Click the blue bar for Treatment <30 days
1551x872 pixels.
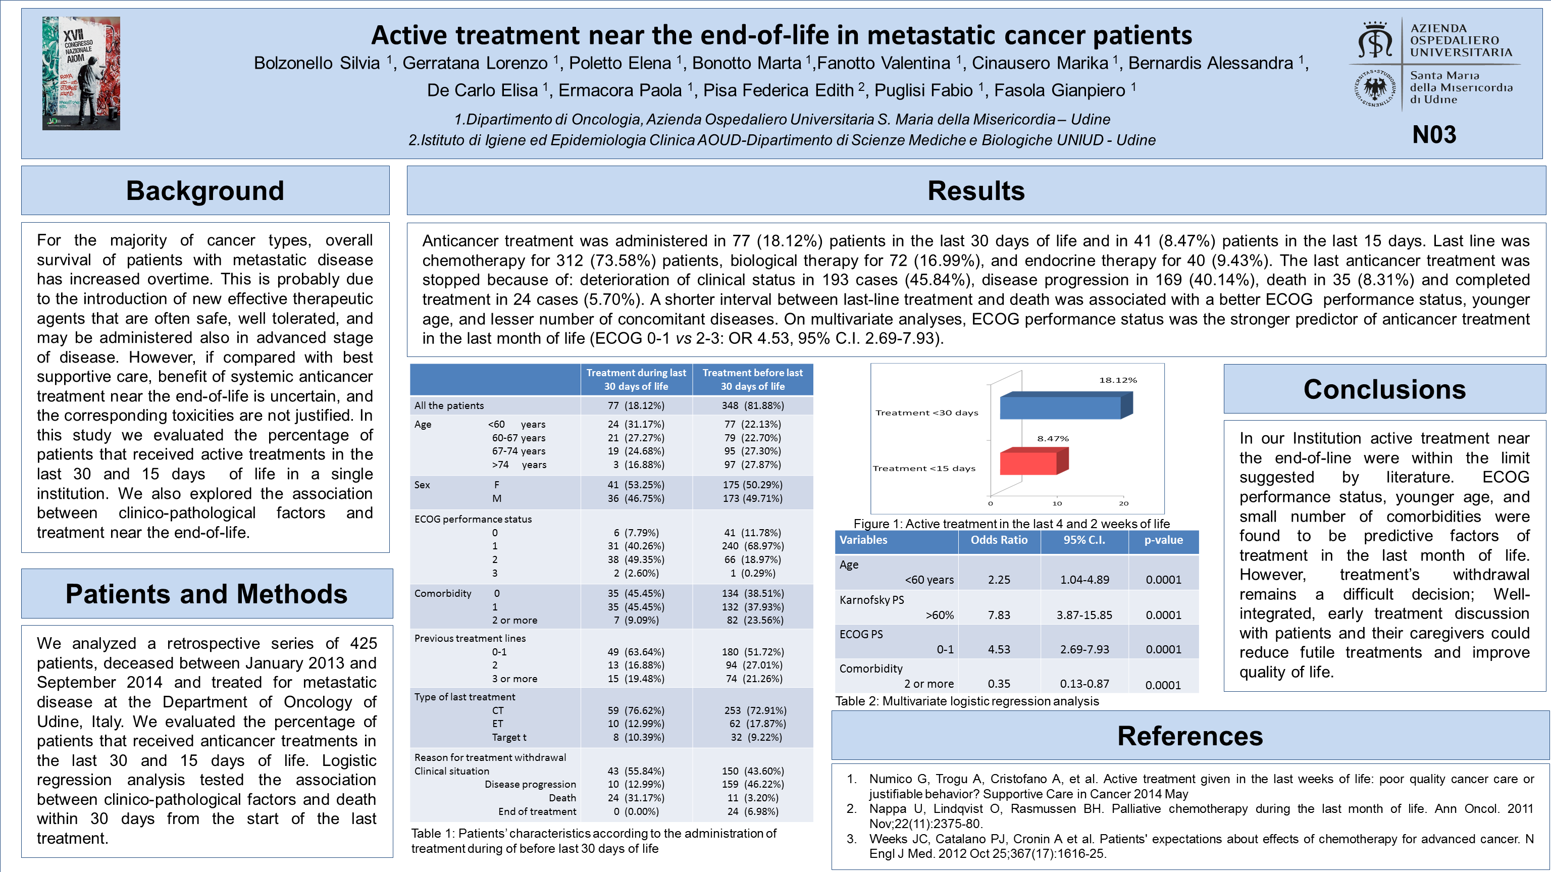tap(1061, 406)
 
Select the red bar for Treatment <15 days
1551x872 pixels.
tap(1029, 463)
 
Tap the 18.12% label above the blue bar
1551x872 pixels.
tap(1117, 380)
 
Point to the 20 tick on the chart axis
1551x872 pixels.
tap(1123, 503)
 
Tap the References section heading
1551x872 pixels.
tap(1190, 736)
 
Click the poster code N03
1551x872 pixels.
tap(1434, 134)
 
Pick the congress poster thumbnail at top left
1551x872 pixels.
tap(81, 74)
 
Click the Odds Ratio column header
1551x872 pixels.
tap(999, 540)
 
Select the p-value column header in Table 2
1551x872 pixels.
tap(1163, 540)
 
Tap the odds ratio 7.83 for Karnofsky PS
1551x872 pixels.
tap(999, 615)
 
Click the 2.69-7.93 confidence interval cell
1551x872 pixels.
tap(1084, 649)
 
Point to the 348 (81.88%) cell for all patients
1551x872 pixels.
tap(753, 405)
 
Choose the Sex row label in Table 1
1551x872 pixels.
tap(422, 485)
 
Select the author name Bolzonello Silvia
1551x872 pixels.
tap(317, 63)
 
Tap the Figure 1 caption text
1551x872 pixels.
tap(1011, 524)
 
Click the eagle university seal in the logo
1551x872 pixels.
tap(1375, 88)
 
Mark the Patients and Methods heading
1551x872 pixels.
tap(206, 594)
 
